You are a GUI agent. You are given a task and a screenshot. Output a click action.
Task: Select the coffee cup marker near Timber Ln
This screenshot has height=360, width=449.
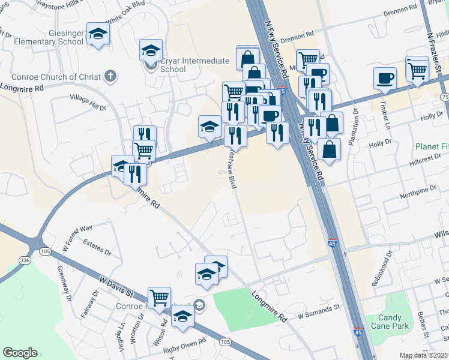pyautogui.click(x=385, y=78)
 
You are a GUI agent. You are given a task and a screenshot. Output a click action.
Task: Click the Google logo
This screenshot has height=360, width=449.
pyautogui.click(x=20, y=352)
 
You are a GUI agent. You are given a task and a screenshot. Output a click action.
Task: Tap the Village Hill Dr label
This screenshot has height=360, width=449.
pyautogui.click(x=88, y=103)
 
